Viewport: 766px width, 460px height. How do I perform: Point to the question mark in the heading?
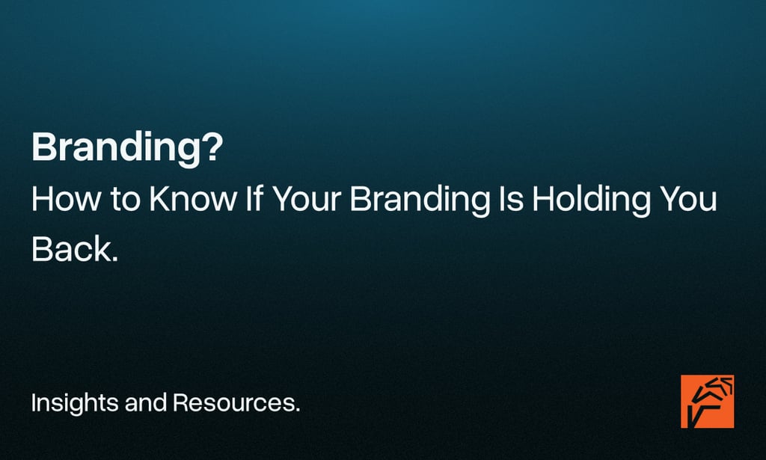[213, 147]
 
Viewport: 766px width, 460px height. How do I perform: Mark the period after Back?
[115, 259]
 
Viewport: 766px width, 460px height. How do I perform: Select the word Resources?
[233, 404]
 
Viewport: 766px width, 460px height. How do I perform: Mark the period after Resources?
[297, 411]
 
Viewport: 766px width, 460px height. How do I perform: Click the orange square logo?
[707, 402]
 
